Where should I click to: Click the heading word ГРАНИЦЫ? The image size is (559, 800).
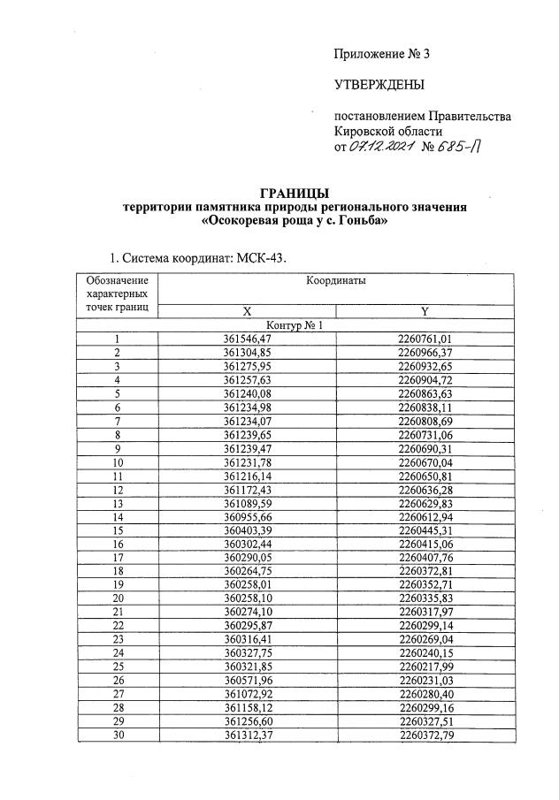pos(295,193)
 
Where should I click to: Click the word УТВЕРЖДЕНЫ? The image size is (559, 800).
pos(379,85)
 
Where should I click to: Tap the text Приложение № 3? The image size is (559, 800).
pos(380,54)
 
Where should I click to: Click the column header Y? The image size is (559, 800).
pos(425,311)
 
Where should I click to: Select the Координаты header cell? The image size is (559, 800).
pos(336,281)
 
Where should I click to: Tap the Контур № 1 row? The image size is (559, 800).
pos(295,324)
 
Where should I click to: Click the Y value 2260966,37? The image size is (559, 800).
pos(425,353)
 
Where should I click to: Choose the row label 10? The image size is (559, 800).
pos(117,462)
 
